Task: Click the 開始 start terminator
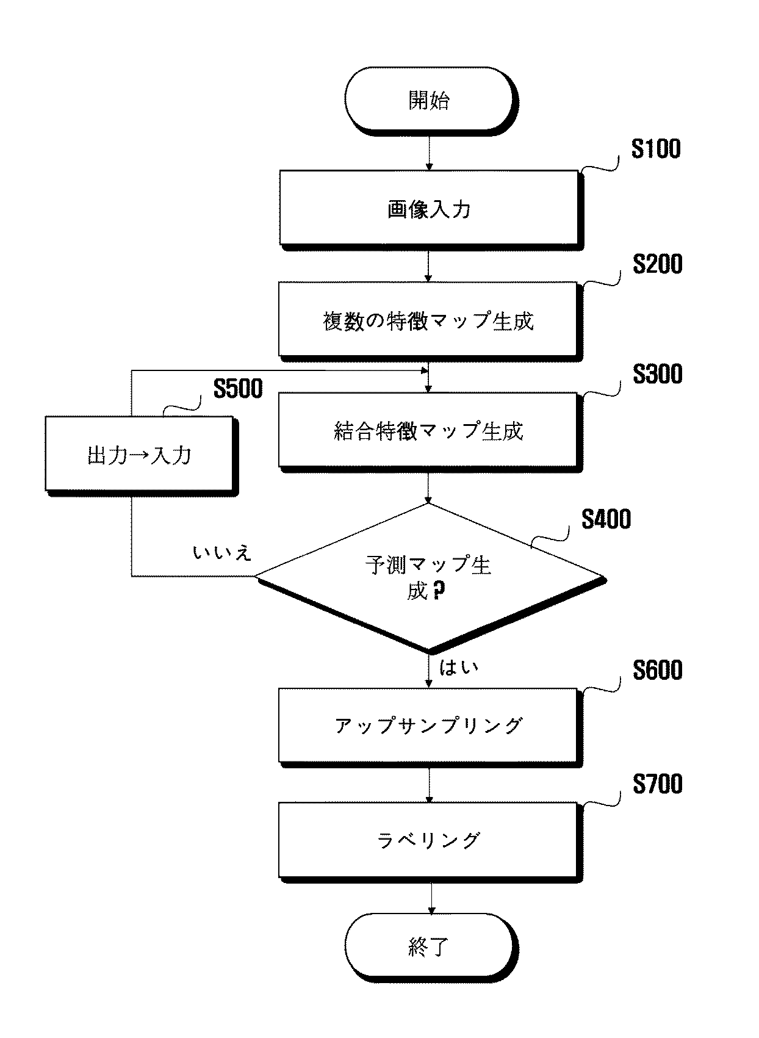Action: coord(431,101)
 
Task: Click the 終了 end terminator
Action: coord(431,947)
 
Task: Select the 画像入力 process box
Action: coord(431,211)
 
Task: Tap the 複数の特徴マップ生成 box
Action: coord(430,322)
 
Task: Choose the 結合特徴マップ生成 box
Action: coord(430,432)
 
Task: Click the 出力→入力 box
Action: coord(142,456)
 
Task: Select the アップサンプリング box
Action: coord(430,727)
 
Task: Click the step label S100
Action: coord(656,149)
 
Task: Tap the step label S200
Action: coord(658,264)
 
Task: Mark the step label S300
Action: coord(658,374)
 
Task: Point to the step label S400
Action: coord(606,519)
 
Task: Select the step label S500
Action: coord(238,388)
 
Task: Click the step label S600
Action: coord(658,670)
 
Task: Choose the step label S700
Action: coord(658,784)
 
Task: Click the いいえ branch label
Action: coord(222,552)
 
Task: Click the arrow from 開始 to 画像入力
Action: coord(429,153)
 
